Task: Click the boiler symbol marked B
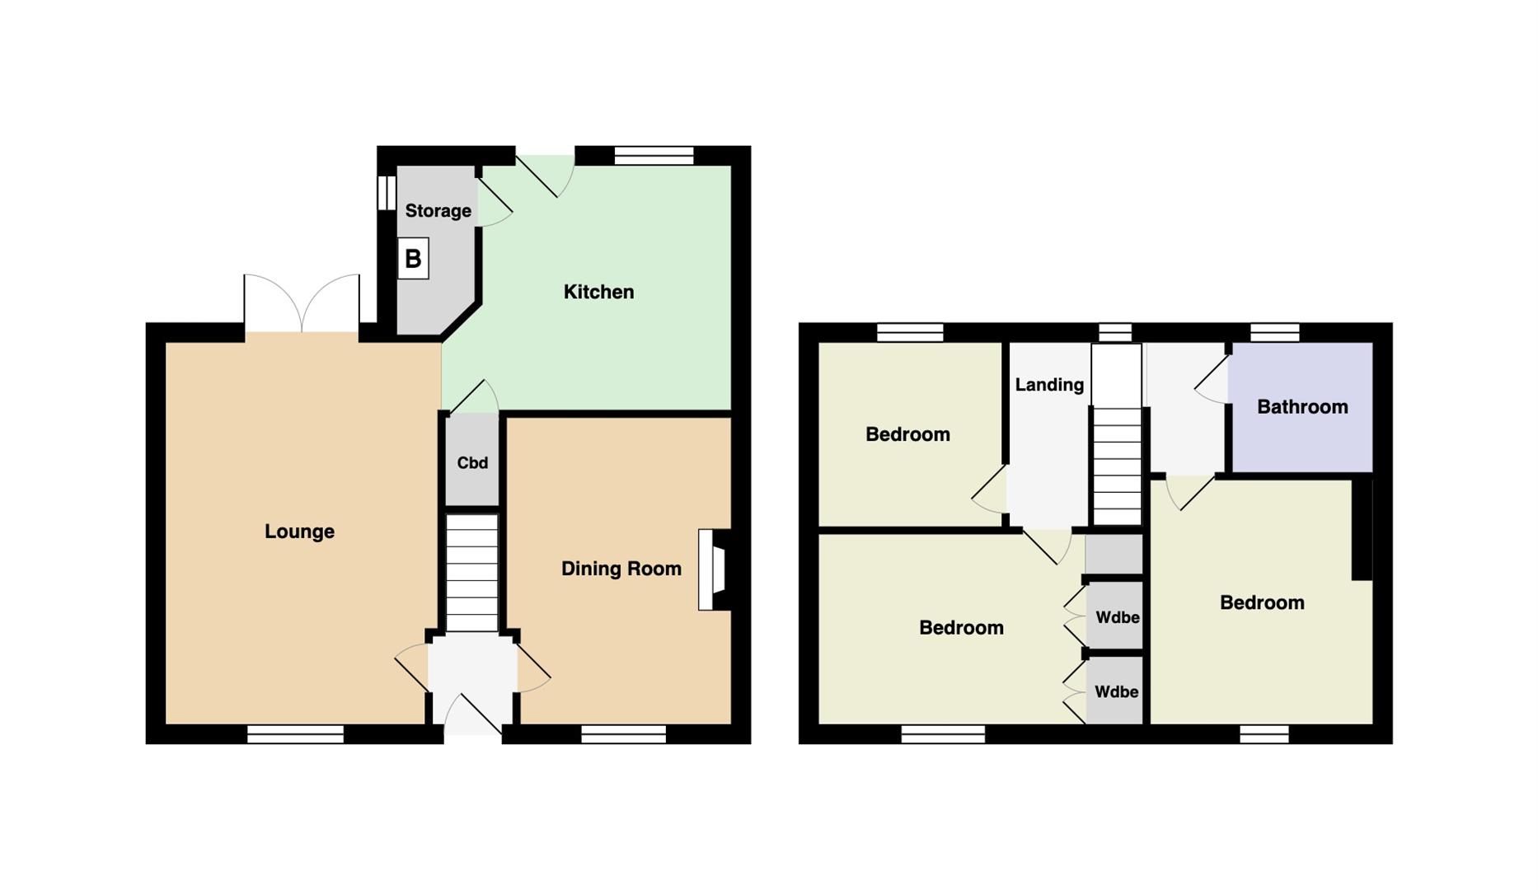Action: (x=413, y=259)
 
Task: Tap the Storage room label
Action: (x=438, y=211)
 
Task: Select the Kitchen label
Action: (x=598, y=292)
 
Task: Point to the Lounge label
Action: (x=299, y=532)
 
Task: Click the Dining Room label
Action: (x=621, y=569)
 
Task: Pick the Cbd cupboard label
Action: (x=472, y=463)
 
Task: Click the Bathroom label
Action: (x=1302, y=406)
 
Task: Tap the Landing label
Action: (x=1049, y=385)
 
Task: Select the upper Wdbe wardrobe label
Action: (x=1117, y=617)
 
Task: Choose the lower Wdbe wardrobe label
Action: (x=1117, y=692)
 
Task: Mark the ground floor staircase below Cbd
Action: (x=472, y=573)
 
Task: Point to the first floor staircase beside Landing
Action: (x=1117, y=434)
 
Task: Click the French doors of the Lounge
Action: (x=302, y=304)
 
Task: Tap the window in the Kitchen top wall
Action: (x=654, y=156)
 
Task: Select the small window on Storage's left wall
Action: (x=386, y=192)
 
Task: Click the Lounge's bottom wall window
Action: (x=296, y=734)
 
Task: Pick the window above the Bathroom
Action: (x=1274, y=332)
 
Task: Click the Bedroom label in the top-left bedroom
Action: (x=907, y=434)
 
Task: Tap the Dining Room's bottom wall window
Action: (x=624, y=734)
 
